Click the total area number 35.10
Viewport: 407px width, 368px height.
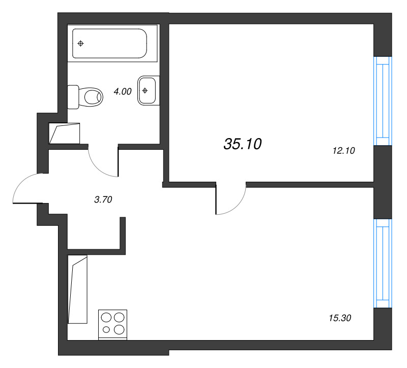point(242,145)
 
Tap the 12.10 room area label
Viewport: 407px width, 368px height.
point(343,150)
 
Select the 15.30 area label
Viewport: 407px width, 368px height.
point(340,318)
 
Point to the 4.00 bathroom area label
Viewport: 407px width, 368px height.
point(122,92)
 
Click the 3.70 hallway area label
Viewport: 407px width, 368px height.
point(103,199)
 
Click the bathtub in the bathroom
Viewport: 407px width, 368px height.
point(110,44)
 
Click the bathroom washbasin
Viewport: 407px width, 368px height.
point(147,91)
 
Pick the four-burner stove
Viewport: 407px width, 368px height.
point(113,323)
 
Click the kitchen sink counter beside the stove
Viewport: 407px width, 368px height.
point(78,290)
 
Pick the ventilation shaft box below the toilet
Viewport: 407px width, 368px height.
point(65,133)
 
